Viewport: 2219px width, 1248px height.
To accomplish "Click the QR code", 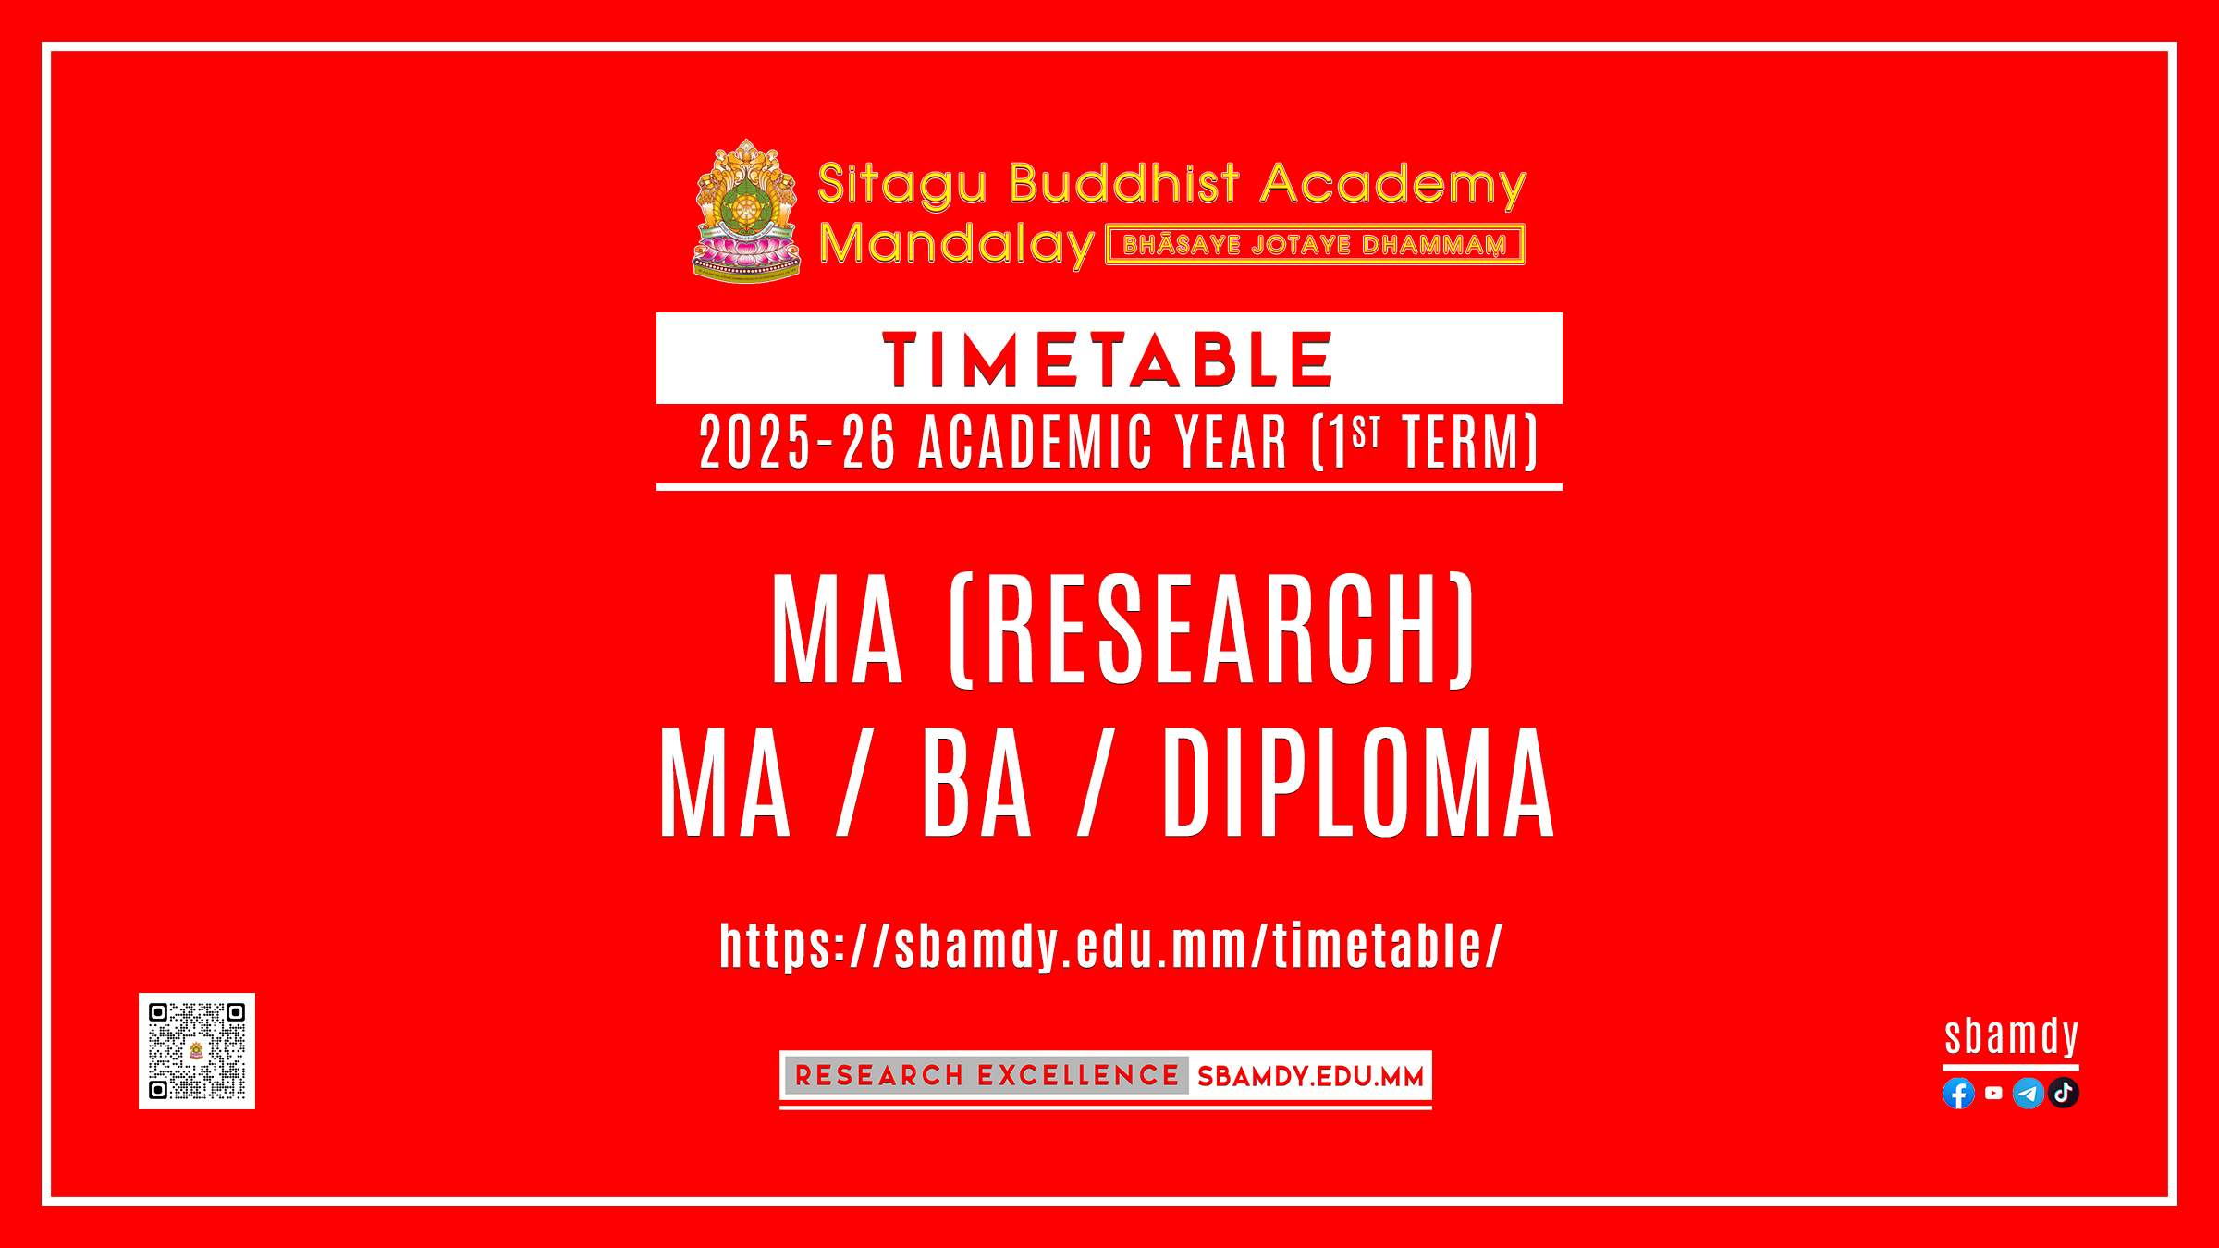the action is [197, 1051].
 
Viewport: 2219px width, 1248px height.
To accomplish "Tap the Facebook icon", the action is [1958, 1094].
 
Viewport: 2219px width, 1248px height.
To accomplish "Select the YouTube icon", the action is [1993, 1093].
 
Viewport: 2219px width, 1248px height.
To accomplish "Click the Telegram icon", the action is [2029, 1094].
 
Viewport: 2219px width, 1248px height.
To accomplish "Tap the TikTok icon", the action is [2064, 1094].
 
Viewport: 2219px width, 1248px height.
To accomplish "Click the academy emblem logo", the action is [746, 211].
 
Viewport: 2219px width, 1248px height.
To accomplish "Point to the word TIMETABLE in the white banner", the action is [1108, 360].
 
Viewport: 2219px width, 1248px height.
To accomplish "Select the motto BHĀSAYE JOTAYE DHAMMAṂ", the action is [1315, 245].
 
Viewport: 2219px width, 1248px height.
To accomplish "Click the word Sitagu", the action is [902, 185].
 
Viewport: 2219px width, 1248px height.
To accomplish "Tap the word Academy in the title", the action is [1393, 185].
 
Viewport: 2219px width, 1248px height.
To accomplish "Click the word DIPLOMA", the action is [1358, 784].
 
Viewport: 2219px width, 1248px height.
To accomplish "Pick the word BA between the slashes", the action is [976, 784].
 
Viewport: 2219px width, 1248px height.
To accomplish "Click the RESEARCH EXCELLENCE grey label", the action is [987, 1075].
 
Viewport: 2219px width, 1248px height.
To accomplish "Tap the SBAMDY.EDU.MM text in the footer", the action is [1310, 1076].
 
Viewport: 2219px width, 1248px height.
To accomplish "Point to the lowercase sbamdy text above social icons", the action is [2012, 1037].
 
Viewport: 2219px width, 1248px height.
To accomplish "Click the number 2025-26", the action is [798, 443].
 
